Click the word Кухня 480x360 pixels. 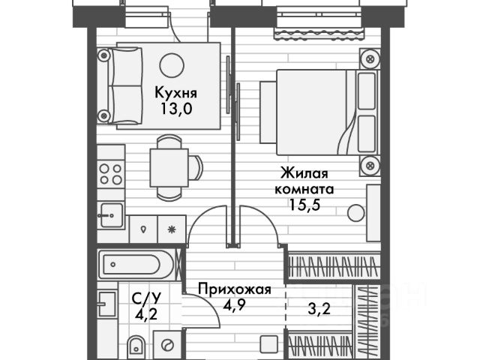175,93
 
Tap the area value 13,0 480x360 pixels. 175,108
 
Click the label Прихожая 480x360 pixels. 234,288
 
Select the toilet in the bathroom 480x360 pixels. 137,346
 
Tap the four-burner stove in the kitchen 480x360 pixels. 111,174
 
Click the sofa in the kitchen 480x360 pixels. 120,84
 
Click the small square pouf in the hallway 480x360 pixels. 269,346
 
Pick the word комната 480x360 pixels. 304,188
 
